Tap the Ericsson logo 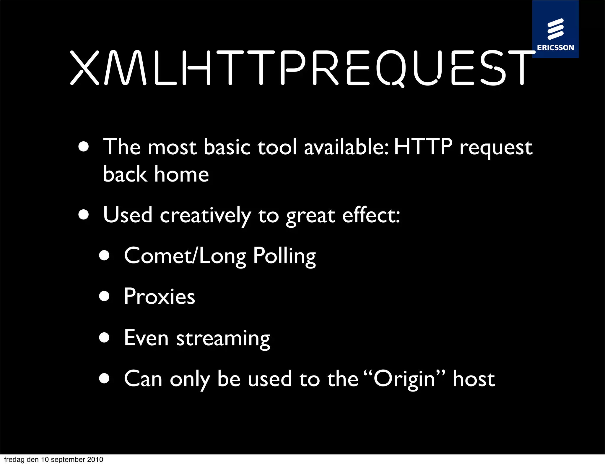coord(555,30)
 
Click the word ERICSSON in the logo coord(555,48)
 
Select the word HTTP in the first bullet coord(423,147)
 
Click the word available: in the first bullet coord(346,147)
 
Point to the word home coord(181,174)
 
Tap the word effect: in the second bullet coord(371,215)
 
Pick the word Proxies coord(160,297)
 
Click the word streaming coord(223,339)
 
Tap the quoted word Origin coord(404,379)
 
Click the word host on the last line coord(474,379)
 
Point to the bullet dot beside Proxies coord(104,296)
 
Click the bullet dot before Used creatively coord(84,215)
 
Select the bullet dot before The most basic coord(84,147)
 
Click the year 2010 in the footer coord(95,459)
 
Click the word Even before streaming coord(146,338)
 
